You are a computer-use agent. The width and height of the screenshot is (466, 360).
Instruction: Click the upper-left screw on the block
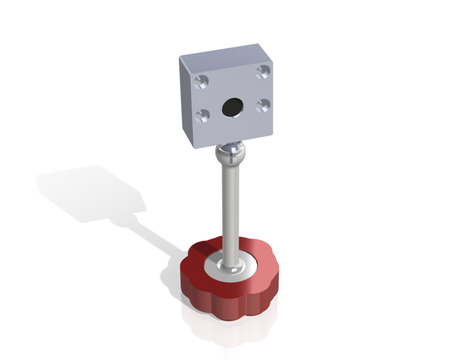[x=201, y=83]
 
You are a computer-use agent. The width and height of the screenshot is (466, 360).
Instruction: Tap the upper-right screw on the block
[x=262, y=71]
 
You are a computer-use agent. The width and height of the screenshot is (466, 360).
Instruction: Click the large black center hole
[x=231, y=107]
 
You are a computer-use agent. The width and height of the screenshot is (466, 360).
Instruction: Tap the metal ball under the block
[x=231, y=152]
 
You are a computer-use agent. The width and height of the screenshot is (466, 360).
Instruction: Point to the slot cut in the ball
[x=231, y=147]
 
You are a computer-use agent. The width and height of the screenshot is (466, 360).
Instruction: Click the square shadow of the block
[x=90, y=191]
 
